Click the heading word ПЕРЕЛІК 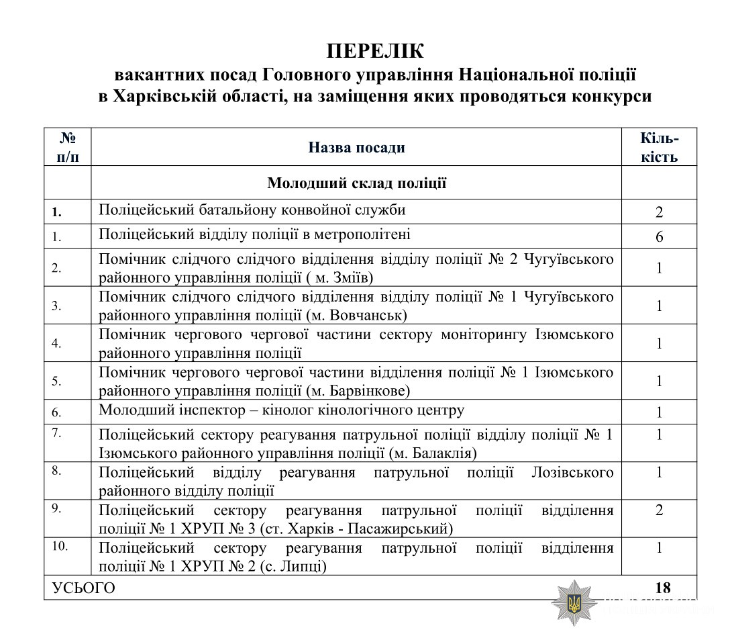(x=375, y=51)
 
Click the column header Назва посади (x=356, y=148)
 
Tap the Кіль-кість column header (x=659, y=148)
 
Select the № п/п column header (x=67, y=148)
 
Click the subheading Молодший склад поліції (x=356, y=183)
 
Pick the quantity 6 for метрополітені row (x=660, y=237)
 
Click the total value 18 (x=662, y=588)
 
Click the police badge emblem (x=574, y=602)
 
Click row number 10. (x=60, y=546)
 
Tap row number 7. (x=58, y=432)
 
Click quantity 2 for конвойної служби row (x=660, y=213)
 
